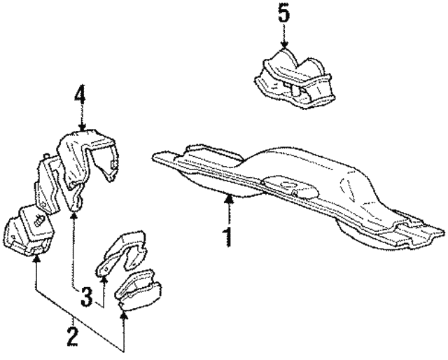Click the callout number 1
(227, 236)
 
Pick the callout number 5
(283, 14)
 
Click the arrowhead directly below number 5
(283, 45)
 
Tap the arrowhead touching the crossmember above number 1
(227, 200)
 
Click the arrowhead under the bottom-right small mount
(125, 315)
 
